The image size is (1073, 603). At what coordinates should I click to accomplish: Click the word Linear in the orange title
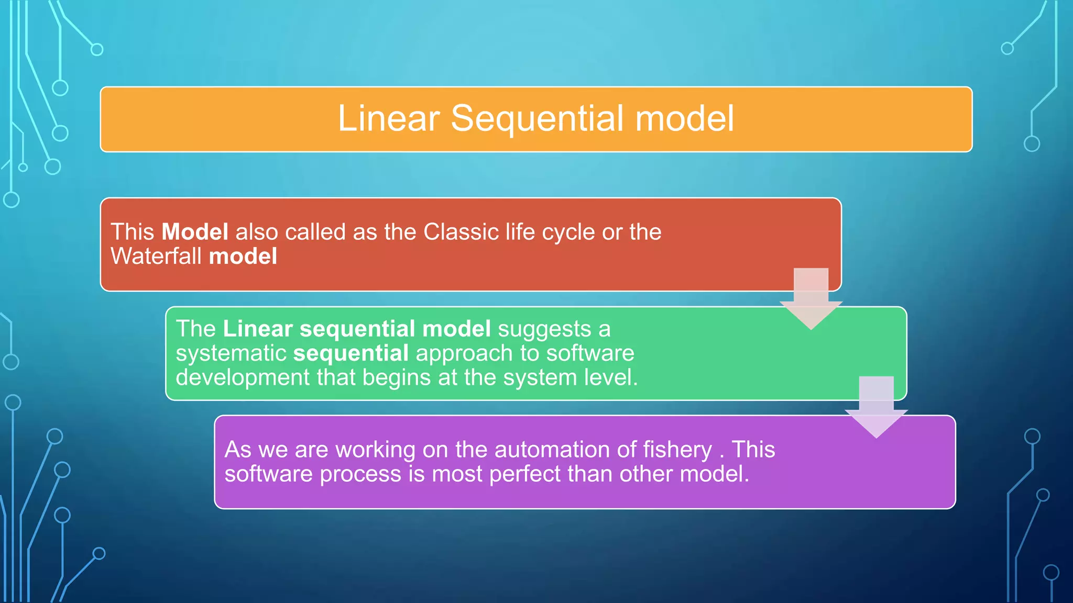click(x=388, y=118)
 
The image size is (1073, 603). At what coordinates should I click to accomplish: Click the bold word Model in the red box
click(x=194, y=232)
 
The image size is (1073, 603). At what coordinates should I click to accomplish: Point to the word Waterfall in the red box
click(x=156, y=256)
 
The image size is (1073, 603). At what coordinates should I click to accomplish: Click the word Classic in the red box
click(x=461, y=232)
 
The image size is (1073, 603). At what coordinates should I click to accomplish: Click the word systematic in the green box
click(x=231, y=353)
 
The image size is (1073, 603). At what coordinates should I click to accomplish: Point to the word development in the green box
click(x=243, y=377)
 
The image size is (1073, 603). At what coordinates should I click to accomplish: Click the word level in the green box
click(x=611, y=377)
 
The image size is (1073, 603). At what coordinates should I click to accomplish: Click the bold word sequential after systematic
click(x=351, y=353)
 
